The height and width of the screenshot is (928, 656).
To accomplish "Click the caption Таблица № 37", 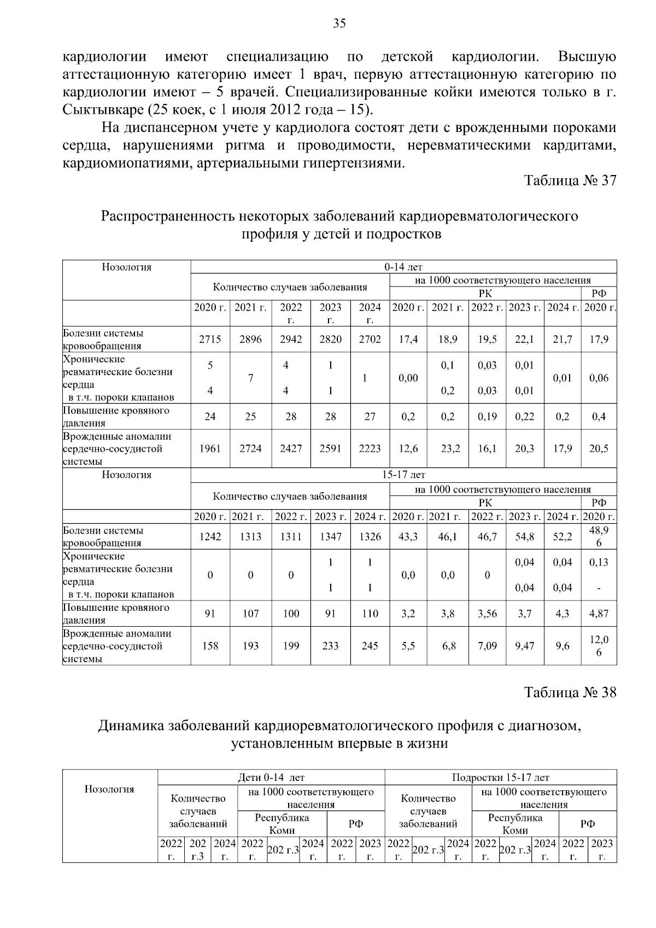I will click(570, 181).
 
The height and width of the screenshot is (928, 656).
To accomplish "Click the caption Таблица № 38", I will click(570, 692).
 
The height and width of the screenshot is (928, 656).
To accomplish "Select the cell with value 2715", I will click(210, 340).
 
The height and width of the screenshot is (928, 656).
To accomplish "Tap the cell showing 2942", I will click(291, 340).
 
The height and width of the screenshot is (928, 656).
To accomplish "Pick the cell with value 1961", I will click(210, 449).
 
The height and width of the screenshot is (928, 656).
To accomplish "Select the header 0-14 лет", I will click(403, 267).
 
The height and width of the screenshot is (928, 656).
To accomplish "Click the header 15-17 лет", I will click(403, 475).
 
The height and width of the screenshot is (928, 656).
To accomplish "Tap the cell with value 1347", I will click(330, 537).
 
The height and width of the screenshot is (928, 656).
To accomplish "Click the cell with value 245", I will click(370, 646).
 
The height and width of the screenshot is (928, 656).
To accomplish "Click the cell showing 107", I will click(250, 614).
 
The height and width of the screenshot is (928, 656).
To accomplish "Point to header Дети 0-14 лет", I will click(271, 778).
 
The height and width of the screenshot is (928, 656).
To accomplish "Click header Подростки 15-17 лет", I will click(500, 778).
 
